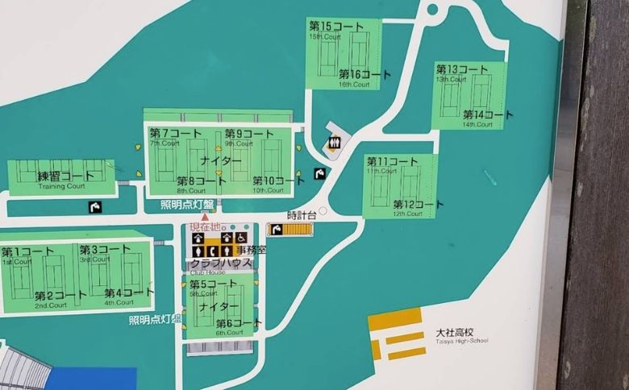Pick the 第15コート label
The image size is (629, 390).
click(x=331, y=27)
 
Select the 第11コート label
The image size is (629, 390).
click(x=388, y=161)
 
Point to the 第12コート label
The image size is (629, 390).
click(x=417, y=205)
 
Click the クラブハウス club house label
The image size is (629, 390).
click(x=221, y=263)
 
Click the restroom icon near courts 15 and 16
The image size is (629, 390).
click(x=335, y=143)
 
